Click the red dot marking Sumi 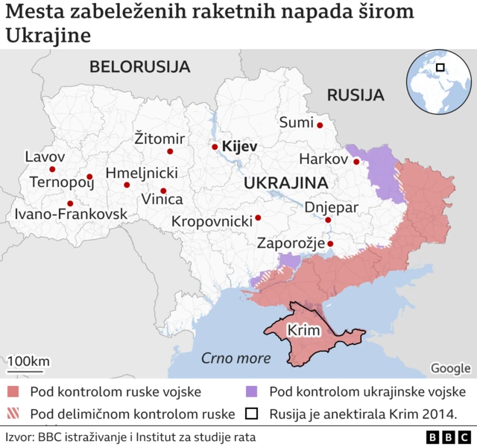[x=319, y=125]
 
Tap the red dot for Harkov [x=356, y=162]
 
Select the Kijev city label [x=239, y=147]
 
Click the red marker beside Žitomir [x=170, y=151]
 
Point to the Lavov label [x=45, y=157]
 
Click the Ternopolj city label [x=60, y=182]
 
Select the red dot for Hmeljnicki [x=127, y=185]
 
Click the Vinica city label [x=162, y=200]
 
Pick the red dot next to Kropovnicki [x=258, y=218]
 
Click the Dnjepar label [x=332, y=207]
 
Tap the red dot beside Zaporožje [x=330, y=243]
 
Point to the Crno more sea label [x=236, y=358]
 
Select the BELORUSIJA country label [x=139, y=67]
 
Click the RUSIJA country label [x=356, y=95]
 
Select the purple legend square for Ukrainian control [x=251, y=392]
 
